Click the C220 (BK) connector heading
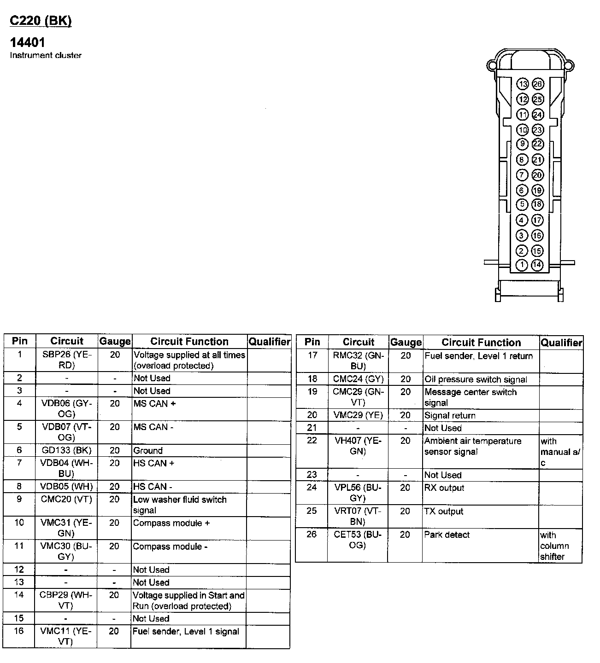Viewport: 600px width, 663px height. point(41,21)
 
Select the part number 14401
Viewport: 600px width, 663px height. point(28,43)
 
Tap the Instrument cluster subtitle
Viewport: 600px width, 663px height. point(46,55)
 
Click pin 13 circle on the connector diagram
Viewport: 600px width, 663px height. point(523,84)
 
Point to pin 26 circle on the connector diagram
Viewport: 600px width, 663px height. point(538,84)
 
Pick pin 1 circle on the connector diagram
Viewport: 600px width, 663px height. point(522,265)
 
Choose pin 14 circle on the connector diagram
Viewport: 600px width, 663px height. point(537,265)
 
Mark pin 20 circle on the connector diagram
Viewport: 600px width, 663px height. point(538,175)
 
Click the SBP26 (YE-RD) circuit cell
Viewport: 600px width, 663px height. point(67,360)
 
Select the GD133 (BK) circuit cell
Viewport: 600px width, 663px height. point(67,450)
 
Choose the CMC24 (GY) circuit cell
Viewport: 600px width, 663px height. point(358,379)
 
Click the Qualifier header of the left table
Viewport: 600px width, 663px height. point(269,342)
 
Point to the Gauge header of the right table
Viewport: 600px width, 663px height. point(406,343)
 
